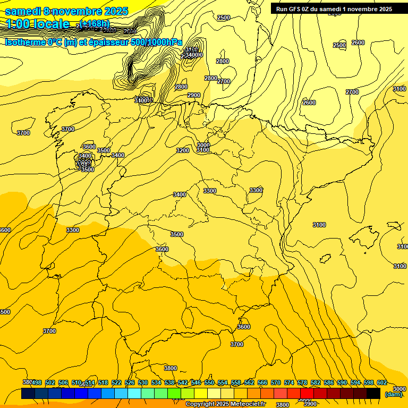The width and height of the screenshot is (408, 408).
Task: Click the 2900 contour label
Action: [x=194, y=96]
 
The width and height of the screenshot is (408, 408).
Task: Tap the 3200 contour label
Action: [x=183, y=150]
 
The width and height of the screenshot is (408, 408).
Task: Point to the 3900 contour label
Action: [x=310, y=404]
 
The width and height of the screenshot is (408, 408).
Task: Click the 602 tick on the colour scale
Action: [x=382, y=382]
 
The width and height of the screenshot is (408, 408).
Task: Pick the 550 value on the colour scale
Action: [x=209, y=382]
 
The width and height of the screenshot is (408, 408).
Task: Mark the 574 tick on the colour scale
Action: [x=289, y=382]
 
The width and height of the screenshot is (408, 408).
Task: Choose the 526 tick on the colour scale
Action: [x=130, y=382]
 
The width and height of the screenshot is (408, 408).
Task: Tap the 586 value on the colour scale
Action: [x=329, y=382]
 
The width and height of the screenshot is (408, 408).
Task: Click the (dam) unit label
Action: [x=394, y=394]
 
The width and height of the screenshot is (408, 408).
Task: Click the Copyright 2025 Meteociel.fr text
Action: [x=225, y=404]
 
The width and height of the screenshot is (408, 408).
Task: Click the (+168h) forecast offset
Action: [x=95, y=24]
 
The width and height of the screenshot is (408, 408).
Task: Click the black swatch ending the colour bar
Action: [x=373, y=394]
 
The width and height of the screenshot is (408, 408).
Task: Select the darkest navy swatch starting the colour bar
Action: [x=28, y=394]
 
